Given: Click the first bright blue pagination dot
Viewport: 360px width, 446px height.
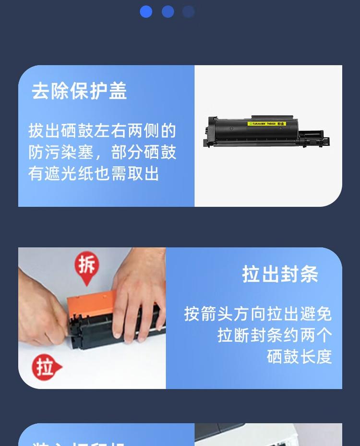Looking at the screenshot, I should pyautogui.click(x=146, y=12).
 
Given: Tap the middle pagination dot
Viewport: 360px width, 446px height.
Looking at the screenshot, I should pyautogui.click(x=168, y=12).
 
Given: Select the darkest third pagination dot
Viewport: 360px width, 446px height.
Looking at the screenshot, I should pyautogui.click(x=189, y=12).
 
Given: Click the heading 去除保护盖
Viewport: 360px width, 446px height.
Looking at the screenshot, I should pyautogui.click(x=79, y=91).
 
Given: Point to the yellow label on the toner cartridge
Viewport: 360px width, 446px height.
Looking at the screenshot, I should pyautogui.click(x=267, y=124).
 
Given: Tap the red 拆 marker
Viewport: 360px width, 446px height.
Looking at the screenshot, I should pyautogui.click(x=86, y=266).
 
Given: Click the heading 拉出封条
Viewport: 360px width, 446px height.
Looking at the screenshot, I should pyautogui.click(x=280, y=274).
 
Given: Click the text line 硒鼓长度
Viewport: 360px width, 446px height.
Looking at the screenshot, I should pyautogui.click(x=300, y=357).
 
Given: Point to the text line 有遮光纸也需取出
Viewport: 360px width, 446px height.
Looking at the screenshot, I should pyautogui.click(x=94, y=173).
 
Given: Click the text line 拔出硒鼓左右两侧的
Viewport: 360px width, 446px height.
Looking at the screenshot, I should pyautogui.click(x=102, y=131).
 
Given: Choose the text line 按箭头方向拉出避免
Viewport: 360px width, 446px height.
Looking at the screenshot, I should pyautogui.click(x=258, y=314).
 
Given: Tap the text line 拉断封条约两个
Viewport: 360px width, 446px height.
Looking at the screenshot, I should pyautogui.click(x=275, y=335).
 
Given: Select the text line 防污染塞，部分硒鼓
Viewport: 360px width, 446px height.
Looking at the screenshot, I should pyautogui.click(x=102, y=152).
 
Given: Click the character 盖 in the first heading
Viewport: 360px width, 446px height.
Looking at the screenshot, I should pyautogui.click(x=118, y=91).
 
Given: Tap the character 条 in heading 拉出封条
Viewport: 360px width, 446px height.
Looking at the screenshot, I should pyautogui.click(x=309, y=274).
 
